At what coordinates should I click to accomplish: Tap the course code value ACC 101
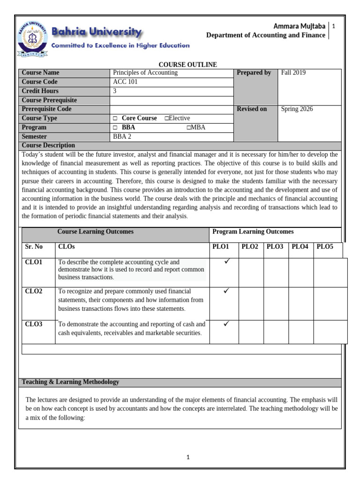(125, 82)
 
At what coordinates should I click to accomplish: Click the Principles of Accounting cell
(145, 73)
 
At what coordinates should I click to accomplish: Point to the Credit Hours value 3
(115, 91)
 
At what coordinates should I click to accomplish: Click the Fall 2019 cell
(293, 73)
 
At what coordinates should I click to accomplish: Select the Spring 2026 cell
(297, 109)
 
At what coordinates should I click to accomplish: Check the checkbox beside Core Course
(115, 119)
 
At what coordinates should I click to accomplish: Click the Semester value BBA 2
(123, 137)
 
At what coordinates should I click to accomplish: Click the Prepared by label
(254, 73)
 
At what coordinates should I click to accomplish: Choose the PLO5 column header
(325, 247)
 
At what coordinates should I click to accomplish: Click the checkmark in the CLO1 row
(226, 262)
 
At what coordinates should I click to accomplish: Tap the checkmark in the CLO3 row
(226, 323)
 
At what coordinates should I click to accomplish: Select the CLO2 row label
(34, 291)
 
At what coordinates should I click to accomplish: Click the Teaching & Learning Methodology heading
(70, 382)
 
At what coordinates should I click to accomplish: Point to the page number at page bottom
(187, 457)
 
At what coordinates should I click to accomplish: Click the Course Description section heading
(48, 145)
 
